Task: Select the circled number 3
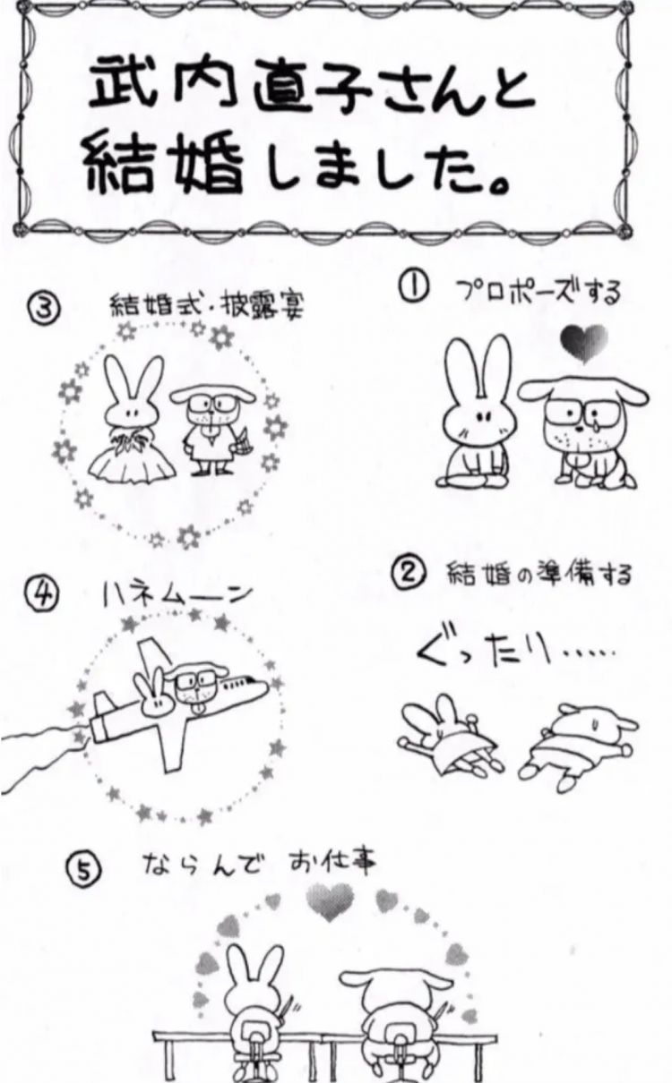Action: tap(44, 307)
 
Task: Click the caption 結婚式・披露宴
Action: tap(207, 306)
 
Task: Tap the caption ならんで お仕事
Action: tap(259, 865)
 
